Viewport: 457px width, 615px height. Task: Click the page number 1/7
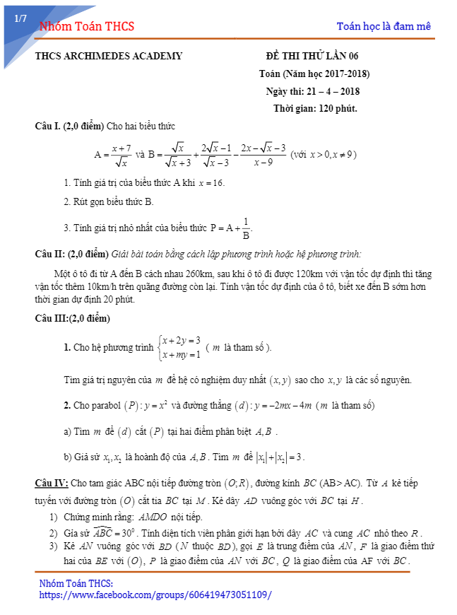coord(20,18)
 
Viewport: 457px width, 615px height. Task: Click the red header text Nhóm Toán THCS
coord(87,27)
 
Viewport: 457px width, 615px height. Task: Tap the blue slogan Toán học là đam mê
coord(384,26)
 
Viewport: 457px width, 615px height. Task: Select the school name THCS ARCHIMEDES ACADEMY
coord(109,56)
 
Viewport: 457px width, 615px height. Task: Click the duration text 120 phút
coord(338,108)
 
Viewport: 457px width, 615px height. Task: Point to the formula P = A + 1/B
coord(231,228)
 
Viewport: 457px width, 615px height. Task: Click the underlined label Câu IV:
coord(52,483)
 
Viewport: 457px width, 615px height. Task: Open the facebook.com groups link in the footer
coord(155,595)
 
